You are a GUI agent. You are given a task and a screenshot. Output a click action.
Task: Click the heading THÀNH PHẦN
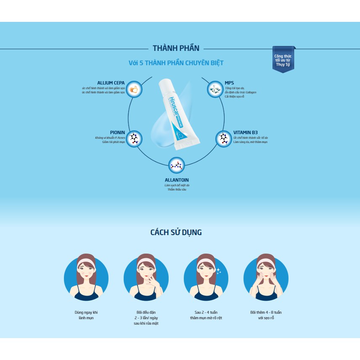176,48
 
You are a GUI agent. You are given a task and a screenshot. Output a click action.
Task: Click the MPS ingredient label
229,83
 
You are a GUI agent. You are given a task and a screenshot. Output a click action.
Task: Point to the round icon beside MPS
214,89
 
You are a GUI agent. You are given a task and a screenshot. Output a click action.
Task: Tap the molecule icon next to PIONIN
134,138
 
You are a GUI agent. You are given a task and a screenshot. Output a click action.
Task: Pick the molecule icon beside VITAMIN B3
223,138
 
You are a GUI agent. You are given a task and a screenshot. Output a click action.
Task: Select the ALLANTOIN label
177,180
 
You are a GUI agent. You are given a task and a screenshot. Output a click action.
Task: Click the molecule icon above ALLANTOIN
177,166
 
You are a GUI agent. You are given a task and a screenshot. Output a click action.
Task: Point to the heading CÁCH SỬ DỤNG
176,232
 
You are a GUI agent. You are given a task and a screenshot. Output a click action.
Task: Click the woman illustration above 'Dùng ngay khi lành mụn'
86,277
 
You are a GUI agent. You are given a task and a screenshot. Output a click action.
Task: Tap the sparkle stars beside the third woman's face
218,272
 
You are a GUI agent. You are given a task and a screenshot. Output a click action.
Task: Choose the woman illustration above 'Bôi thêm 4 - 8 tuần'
266,277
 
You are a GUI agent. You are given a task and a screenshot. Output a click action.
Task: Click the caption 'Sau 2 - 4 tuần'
206,312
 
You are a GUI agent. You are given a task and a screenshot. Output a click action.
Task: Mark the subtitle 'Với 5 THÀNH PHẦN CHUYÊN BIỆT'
176,63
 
